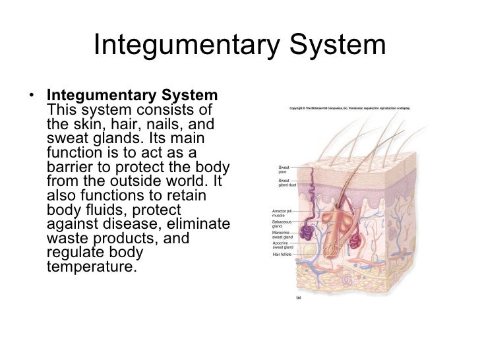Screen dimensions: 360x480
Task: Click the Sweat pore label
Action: point(284,169)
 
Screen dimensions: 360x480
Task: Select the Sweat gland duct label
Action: point(287,183)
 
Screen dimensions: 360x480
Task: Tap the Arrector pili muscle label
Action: point(282,213)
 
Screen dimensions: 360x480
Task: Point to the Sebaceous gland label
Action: point(282,224)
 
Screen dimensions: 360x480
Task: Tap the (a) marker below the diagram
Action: point(298,298)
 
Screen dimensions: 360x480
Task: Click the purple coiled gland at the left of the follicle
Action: point(308,233)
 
